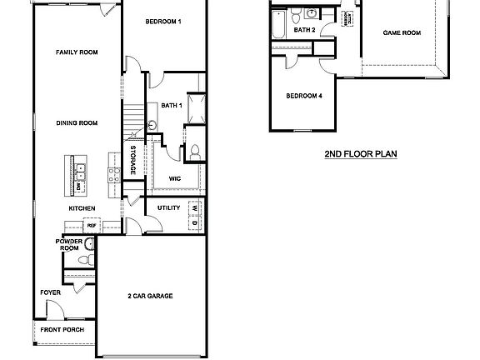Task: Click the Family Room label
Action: point(77,52)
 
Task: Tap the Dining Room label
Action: point(77,122)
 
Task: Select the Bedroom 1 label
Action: point(162,21)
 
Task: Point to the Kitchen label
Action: point(82,207)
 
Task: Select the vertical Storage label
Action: point(133,159)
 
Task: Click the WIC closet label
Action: point(175,177)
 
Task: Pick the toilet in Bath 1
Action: point(193,152)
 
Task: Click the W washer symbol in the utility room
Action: point(193,207)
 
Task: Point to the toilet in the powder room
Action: point(82,260)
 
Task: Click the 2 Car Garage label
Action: point(150,296)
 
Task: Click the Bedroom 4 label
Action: point(303,96)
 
